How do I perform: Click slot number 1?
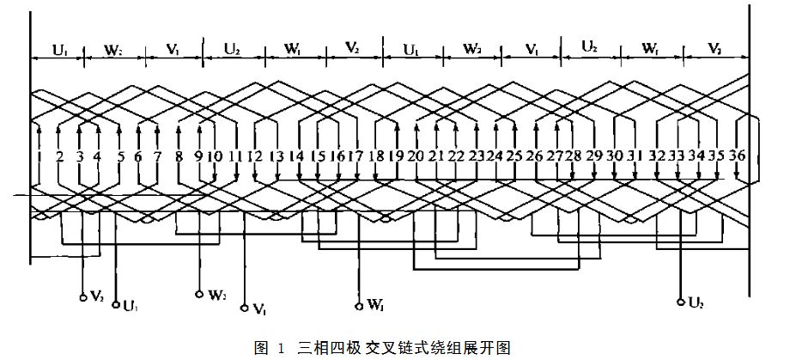point(39,157)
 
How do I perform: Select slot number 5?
point(120,157)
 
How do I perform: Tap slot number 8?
point(179,157)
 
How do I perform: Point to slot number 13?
point(276,157)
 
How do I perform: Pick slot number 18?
point(375,157)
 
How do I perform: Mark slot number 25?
point(513,157)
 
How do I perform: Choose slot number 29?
point(592,157)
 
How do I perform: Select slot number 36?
point(737,157)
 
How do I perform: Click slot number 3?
point(80,157)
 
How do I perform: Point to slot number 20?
point(415,157)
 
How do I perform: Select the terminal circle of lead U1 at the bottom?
point(116,303)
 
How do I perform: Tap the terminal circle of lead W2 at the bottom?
point(200,294)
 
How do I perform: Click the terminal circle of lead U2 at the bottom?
point(680,301)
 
